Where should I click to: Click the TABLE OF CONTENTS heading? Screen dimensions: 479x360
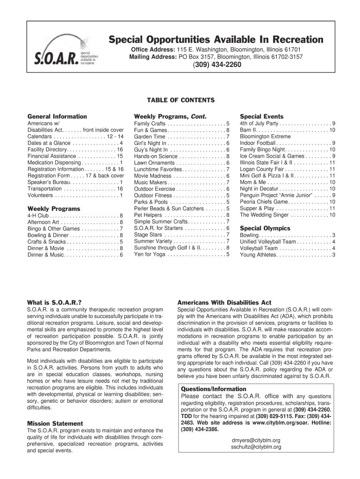point(180,100)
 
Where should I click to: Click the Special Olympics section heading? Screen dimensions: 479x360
point(265,228)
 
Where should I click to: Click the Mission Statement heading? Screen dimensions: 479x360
point(55,423)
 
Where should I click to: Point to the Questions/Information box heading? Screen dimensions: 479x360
point(213,389)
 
